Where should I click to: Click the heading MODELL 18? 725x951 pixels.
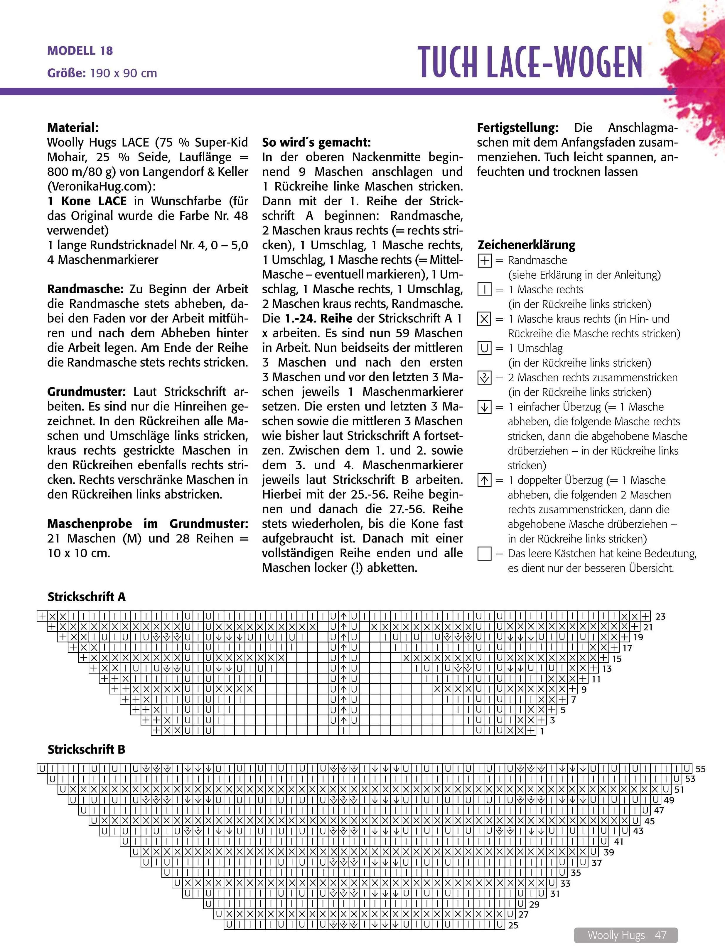(x=80, y=51)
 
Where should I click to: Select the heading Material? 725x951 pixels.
(x=72, y=128)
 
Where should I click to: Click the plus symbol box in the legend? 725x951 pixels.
(x=485, y=260)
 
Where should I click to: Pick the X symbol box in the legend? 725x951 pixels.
(x=485, y=319)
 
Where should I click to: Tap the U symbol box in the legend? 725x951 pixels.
(x=485, y=348)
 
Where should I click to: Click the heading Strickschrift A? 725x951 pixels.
(x=86, y=597)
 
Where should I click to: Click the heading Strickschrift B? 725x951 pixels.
(x=86, y=761)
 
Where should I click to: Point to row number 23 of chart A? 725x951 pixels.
(x=660, y=617)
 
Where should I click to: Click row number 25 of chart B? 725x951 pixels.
(x=513, y=925)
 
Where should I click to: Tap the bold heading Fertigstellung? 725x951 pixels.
(x=517, y=128)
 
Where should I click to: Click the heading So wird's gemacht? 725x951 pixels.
(x=316, y=142)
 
